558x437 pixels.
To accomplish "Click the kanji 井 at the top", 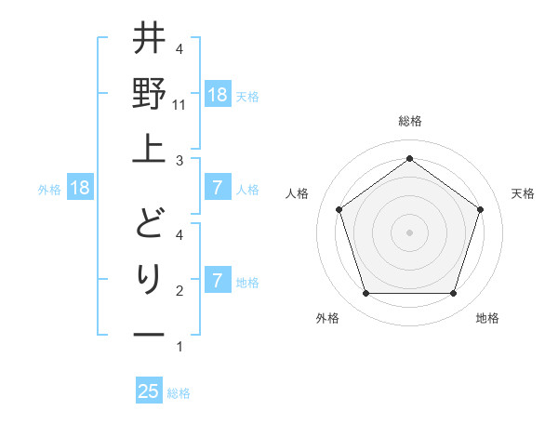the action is pos(149,40).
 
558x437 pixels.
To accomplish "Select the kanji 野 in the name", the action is pos(149,93).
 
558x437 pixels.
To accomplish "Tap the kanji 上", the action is pos(149,148).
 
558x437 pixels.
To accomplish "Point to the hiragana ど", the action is pos(149,223).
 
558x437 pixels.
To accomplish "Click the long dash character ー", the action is pos(149,334).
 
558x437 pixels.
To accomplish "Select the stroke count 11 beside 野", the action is pos(180,105).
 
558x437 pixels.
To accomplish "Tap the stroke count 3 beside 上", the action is pos(179,161).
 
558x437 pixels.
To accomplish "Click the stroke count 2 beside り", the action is pos(179,291).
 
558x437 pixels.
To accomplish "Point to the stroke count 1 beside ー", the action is pos(179,347).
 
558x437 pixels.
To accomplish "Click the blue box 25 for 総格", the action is pos(149,391).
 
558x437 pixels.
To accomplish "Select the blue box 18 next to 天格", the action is pos(218,95).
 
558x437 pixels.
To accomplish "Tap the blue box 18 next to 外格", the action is pos(80,189).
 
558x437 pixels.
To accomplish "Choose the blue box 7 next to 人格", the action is pos(218,189).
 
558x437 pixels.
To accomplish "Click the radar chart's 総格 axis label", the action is pos(409,121).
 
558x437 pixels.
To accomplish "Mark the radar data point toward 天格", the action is pos(480,209).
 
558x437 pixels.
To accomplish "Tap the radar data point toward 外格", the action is pos(365,294).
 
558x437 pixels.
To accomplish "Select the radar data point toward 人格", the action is pos(339,209).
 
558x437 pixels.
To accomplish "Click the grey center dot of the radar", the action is pos(409,232).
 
